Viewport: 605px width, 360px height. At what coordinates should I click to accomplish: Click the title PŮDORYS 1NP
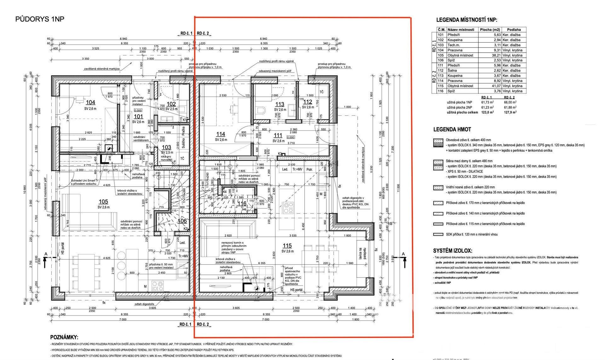(40, 19)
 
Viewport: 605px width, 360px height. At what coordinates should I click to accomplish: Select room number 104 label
(90, 102)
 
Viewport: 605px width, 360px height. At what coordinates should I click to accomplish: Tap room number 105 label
(103, 202)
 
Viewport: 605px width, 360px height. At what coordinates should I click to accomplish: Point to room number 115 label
(287, 246)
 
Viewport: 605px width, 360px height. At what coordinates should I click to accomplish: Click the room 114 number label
(221, 134)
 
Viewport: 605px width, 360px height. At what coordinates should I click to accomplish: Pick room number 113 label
(279, 104)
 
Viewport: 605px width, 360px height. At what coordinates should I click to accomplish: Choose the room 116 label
(242, 204)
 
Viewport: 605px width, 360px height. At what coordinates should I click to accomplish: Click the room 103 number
(166, 147)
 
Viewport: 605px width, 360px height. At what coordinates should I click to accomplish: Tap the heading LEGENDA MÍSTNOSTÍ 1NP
(467, 20)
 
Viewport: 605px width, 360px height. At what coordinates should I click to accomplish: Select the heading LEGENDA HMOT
(452, 129)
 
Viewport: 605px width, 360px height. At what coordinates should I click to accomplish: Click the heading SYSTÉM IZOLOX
(452, 251)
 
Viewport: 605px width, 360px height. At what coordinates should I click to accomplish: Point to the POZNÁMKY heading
(64, 337)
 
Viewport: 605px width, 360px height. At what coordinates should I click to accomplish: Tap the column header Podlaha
(514, 30)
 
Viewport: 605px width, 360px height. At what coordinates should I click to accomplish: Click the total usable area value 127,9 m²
(510, 112)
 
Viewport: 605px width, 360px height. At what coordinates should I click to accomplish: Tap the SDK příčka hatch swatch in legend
(438, 235)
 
